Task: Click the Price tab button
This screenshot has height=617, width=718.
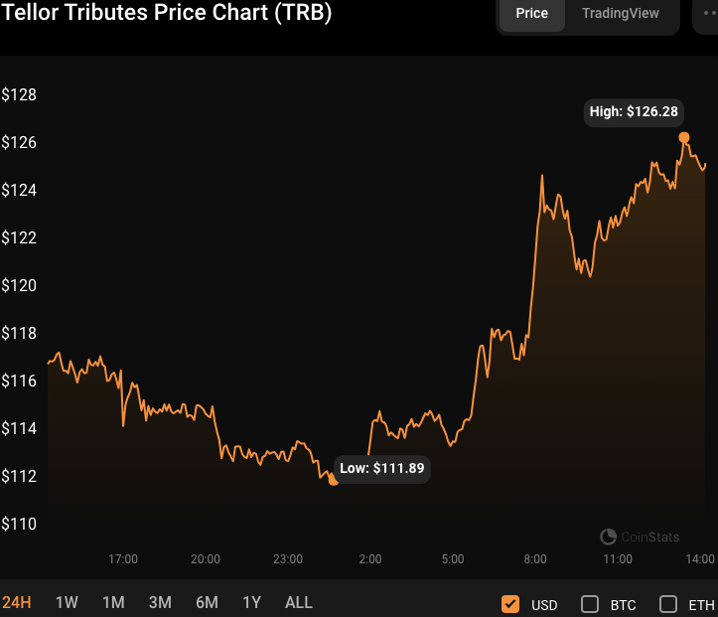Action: (531, 14)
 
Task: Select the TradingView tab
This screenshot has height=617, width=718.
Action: (620, 14)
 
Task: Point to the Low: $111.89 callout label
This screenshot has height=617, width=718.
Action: (382, 468)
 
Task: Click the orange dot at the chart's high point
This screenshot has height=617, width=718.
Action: (683, 137)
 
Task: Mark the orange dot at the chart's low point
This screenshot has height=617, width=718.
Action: (333, 480)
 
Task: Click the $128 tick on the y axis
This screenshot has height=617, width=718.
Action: (19, 95)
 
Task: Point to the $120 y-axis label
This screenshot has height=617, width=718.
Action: (19, 285)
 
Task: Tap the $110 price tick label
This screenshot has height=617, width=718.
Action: (19, 524)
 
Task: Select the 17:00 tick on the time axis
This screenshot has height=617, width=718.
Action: (123, 559)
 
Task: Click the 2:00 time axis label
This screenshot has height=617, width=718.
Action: (370, 559)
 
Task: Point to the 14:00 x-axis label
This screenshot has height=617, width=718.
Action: (700, 559)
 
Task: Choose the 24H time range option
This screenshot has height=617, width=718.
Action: (17, 602)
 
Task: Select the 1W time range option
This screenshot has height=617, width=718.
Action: (67, 602)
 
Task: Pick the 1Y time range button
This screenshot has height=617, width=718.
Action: (252, 602)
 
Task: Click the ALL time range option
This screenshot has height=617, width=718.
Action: (298, 602)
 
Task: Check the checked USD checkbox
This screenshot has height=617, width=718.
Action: (510, 603)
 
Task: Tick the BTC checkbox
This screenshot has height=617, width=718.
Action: (589, 603)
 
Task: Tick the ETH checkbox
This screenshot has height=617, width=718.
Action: (668, 603)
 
